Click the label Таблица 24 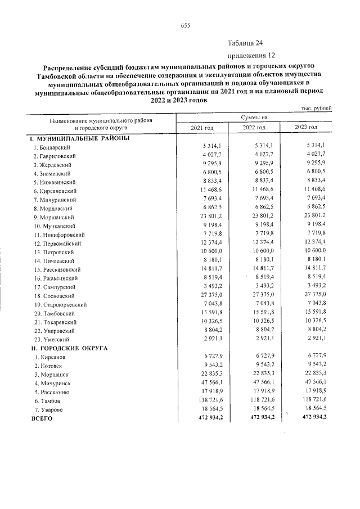(245, 43)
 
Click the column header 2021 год (202, 128)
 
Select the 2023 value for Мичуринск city (314, 383)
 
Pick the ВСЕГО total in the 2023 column (313, 418)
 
